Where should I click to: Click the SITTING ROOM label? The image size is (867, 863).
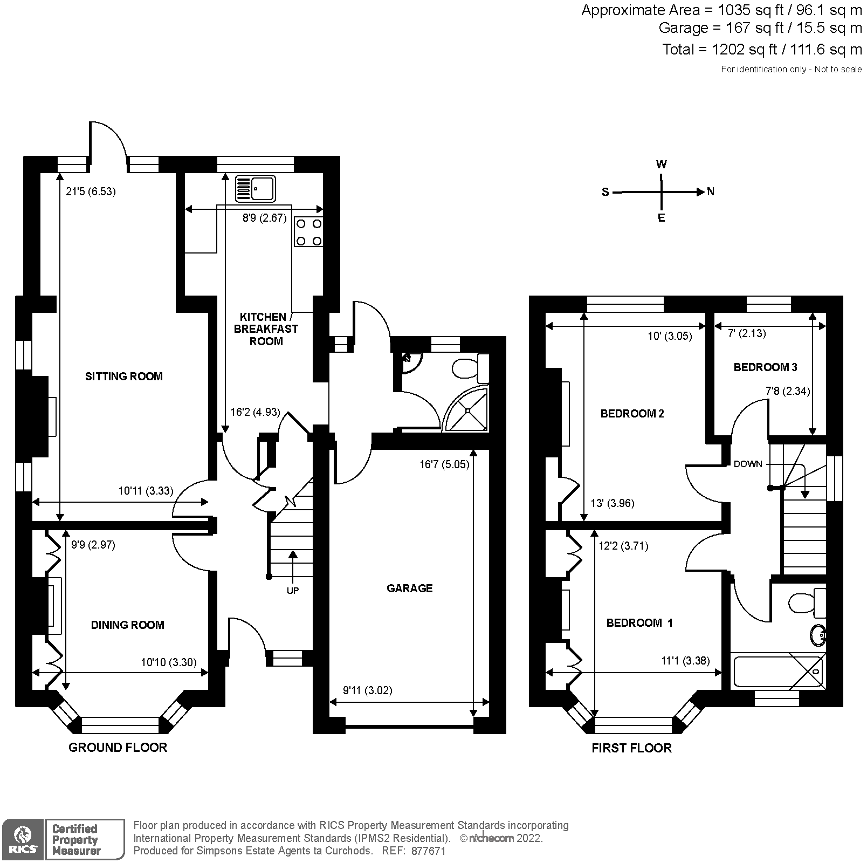[124, 376]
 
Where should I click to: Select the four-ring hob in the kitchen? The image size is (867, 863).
[309, 232]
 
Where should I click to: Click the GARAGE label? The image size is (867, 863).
[409, 588]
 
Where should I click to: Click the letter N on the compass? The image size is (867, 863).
[711, 191]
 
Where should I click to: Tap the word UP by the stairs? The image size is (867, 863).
[292, 591]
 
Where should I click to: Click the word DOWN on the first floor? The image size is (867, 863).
[748, 464]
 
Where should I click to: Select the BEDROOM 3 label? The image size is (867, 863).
[765, 367]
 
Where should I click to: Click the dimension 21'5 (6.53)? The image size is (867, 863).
[91, 191]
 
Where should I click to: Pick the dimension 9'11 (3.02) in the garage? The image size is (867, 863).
[368, 690]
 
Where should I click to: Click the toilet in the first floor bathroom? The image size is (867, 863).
[807, 602]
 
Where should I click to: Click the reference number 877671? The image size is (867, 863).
[428, 851]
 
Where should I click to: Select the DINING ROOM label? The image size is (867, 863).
[127, 625]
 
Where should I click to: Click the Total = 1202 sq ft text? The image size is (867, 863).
[761, 50]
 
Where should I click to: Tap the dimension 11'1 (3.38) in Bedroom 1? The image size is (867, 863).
[685, 661]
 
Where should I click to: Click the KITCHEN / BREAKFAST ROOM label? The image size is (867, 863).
[266, 329]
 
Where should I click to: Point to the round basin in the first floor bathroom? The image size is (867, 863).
[817, 635]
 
